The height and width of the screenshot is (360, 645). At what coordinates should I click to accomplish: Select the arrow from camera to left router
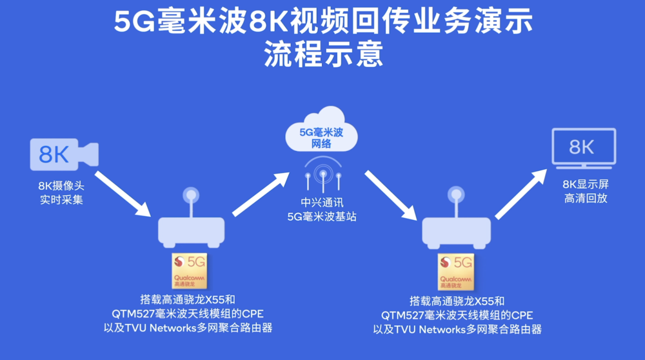(123, 193)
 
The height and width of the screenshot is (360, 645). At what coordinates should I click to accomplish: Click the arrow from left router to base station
(261, 193)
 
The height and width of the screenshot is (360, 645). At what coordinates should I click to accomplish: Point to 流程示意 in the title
(323, 54)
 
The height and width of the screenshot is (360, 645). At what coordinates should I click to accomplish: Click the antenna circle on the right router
(456, 194)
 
